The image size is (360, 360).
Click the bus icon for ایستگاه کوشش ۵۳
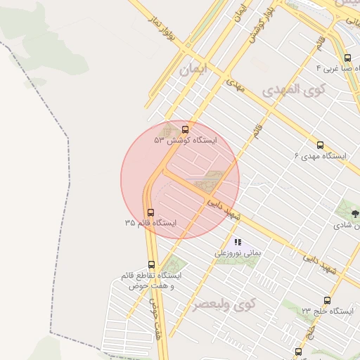point(186,129)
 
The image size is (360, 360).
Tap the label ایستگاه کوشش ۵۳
point(186,141)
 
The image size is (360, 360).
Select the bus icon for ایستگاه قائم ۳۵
point(150,212)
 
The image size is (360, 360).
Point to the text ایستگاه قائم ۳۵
point(150,223)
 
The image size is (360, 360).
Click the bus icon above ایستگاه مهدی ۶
point(321,145)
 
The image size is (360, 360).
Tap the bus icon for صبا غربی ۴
point(347,58)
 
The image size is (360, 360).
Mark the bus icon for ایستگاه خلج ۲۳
point(327,300)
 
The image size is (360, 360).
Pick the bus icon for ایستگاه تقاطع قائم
point(152,264)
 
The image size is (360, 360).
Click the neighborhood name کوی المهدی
point(290,90)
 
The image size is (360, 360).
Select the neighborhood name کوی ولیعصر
point(224,304)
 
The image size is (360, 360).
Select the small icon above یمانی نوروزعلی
point(238,242)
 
